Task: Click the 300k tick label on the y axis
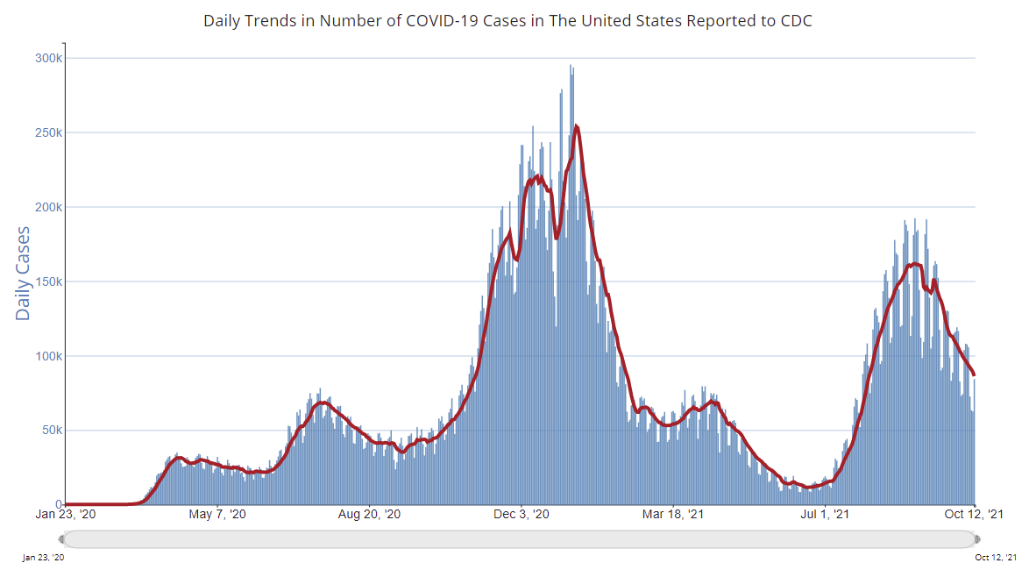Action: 48,59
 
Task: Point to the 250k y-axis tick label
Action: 48,133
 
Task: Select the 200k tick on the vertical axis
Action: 48,208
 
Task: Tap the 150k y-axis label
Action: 48,282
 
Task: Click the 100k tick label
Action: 48,357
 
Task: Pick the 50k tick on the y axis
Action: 51,431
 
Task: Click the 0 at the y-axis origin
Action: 58,505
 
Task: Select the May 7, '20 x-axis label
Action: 218,515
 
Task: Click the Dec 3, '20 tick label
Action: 522,515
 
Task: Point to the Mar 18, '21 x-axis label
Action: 672,515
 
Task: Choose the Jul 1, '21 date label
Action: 825,515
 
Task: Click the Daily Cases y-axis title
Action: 24,273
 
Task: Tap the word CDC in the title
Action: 796,20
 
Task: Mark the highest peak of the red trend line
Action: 576,126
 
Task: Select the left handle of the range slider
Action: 62,538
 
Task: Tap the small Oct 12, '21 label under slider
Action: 996,558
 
